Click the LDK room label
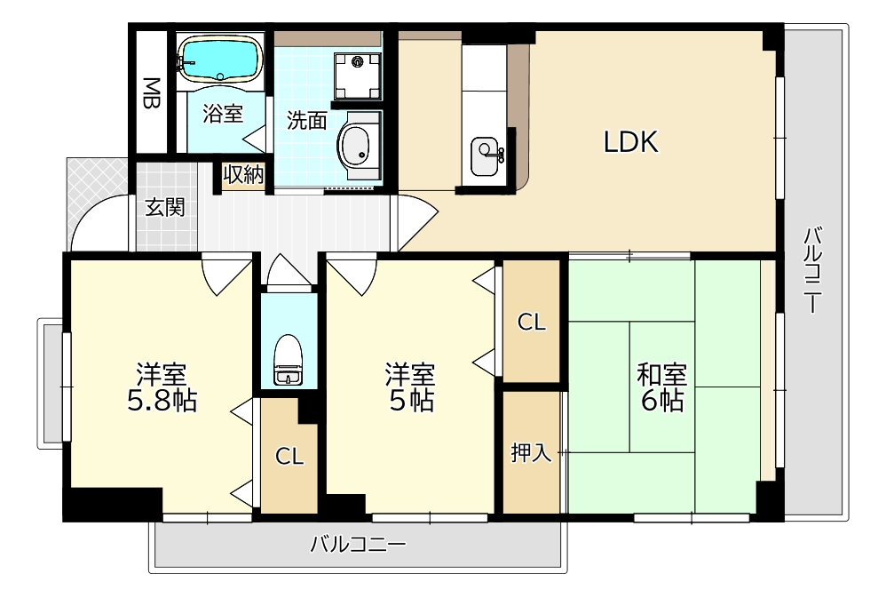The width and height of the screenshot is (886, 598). click(x=631, y=142)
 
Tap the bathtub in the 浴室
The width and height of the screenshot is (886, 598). click(x=218, y=59)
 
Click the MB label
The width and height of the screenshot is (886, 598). click(x=152, y=93)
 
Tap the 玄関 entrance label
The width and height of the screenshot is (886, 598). click(x=165, y=208)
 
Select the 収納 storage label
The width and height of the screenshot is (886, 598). click(x=243, y=175)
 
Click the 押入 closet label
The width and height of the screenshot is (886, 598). click(x=532, y=454)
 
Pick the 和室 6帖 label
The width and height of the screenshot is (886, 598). click(x=661, y=387)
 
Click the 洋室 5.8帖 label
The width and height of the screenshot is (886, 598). click(x=162, y=387)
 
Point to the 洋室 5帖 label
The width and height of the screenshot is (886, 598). click(x=409, y=387)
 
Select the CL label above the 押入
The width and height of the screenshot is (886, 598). click(x=531, y=323)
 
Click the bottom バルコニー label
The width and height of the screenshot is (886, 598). click(x=358, y=544)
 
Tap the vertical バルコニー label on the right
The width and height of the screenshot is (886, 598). click(x=812, y=271)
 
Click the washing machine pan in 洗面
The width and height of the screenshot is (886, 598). click(x=358, y=72)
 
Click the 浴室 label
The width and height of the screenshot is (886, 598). click(x=222, y=114)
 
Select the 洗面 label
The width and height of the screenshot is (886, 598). click(x=306, y=121)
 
